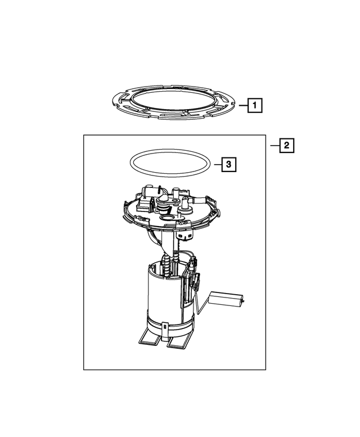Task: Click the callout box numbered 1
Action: tap(254, 105)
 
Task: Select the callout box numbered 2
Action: tap(286, 146)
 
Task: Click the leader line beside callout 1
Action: tap(241, 105)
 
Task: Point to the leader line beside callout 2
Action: tap(274, 146)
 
